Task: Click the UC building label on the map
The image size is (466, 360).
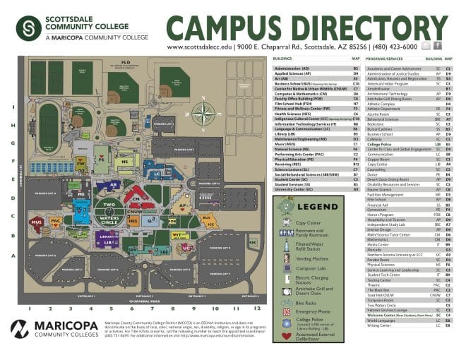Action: pyautogui.click(x=186, y=248)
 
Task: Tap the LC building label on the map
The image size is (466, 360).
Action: pyautogui.click(x=155, y=173)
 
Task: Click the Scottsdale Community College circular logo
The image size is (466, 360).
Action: pyautogui.click(x=29, y=27)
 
